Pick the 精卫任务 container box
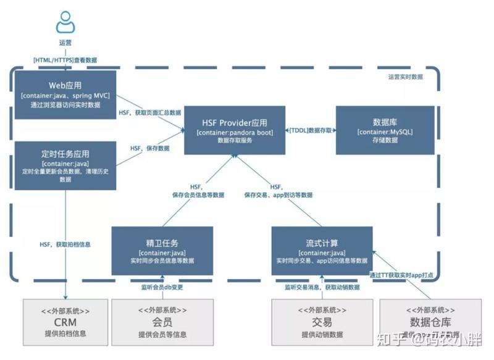click(x=162, y=251)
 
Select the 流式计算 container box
click(x=322, y=251)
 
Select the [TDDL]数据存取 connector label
click(x=311, y=131)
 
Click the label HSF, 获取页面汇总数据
click(x=150, y=113)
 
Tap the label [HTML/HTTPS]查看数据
click(x=65, y=60)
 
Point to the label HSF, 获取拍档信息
click(x=65, y=245)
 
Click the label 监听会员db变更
click(x=162, y=287)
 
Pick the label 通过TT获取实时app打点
click(x=405, y=274)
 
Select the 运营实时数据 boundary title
click(x=406, y=77)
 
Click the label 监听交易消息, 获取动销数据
click(x=322, y=287)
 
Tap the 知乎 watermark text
click(x=390, y=338)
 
